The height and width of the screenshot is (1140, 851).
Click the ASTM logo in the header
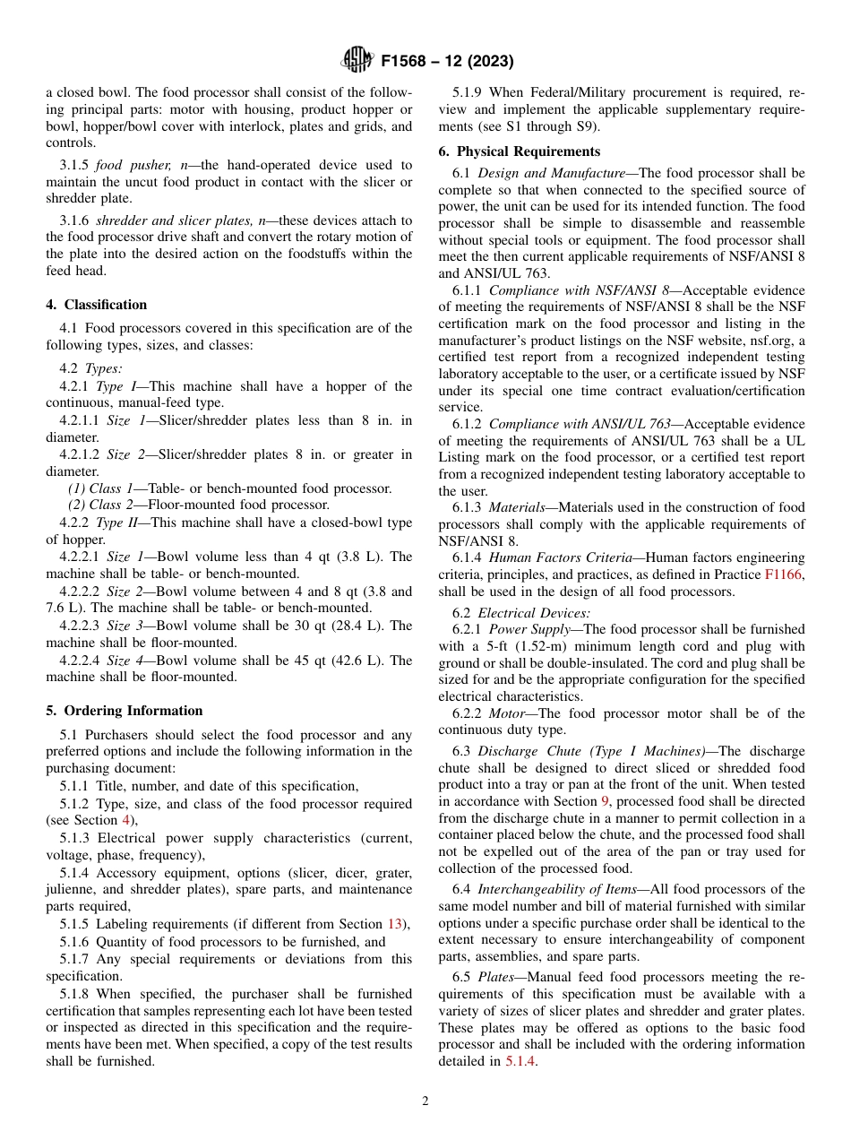358,61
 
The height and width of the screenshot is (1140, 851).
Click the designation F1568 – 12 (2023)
447,62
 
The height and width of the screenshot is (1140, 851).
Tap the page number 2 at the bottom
425,1101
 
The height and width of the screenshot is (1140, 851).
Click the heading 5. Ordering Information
125,711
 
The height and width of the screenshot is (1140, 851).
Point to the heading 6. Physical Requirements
520,151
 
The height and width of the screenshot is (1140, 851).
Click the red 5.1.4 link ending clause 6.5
520,1061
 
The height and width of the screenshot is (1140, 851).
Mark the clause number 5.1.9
469,92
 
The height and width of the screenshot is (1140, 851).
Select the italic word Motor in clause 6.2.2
506,713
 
